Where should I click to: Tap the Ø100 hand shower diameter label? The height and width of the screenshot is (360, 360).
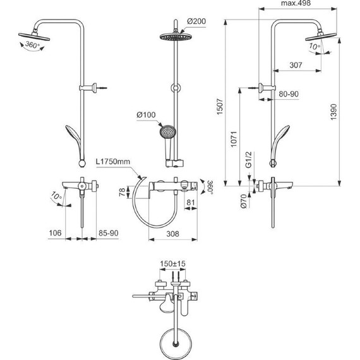(x=146, y=115)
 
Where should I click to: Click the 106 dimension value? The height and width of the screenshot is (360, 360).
(x=56, y=234)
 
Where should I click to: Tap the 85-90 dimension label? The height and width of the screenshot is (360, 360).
(x=109, y=234)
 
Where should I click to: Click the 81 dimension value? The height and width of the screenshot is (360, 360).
(x=190, y=203)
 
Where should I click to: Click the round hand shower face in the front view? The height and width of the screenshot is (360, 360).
(x=169, y=133)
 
